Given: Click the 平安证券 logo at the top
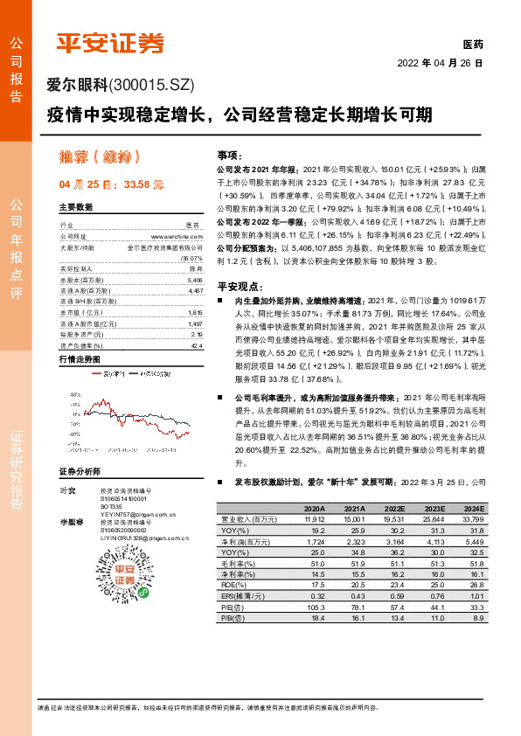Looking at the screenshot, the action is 111,42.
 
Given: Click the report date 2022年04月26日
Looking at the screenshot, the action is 439,64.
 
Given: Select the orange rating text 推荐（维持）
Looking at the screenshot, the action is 99,158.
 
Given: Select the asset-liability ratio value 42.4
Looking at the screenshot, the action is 197,345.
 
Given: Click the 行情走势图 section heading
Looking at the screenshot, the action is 80,359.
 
